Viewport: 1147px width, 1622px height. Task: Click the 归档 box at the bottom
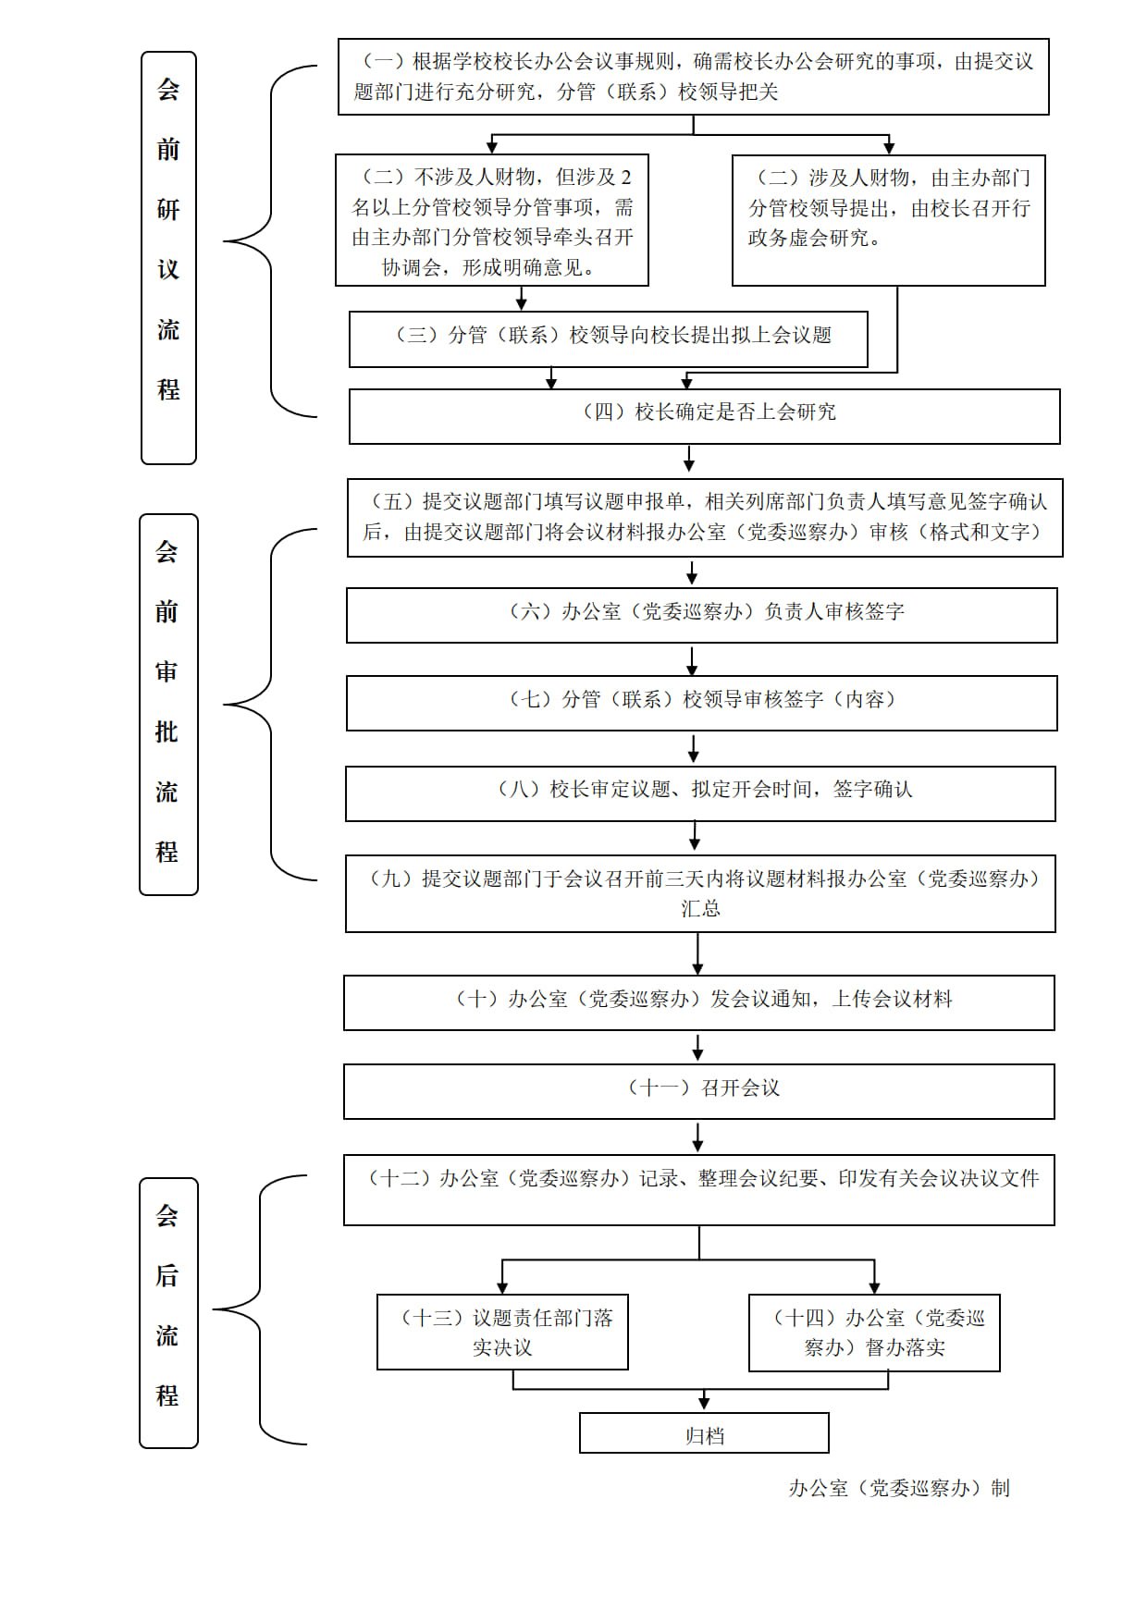(704, 1432)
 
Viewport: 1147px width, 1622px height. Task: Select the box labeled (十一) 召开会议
(699, 1091)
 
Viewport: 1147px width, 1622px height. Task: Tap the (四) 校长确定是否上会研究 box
(704, 416)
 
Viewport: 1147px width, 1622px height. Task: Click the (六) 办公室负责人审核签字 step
(702, 615)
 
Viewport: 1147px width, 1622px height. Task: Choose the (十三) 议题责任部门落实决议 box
(502, 1332)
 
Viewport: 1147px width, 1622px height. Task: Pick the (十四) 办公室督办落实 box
(874, 1333)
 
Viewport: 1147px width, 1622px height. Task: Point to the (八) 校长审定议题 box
(700, 793)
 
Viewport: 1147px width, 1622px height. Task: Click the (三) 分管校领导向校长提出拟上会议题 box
(609, 338)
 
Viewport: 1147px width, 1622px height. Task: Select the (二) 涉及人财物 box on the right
(888, 220)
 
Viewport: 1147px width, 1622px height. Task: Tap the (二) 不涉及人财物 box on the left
(492, 220)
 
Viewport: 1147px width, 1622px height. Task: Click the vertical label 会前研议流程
(168, 258)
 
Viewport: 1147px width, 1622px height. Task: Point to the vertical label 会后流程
(168, 1312)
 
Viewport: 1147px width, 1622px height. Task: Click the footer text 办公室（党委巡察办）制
(898, 1488)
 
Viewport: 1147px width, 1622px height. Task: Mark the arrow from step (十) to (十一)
(698, 1048)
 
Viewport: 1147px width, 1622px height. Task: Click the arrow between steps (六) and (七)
(692, 659)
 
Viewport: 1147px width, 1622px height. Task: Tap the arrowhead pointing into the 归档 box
(704, 1404)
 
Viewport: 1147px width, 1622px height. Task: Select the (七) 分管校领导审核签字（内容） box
(702, 703)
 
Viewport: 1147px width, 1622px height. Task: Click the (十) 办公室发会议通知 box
(699, 1002)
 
